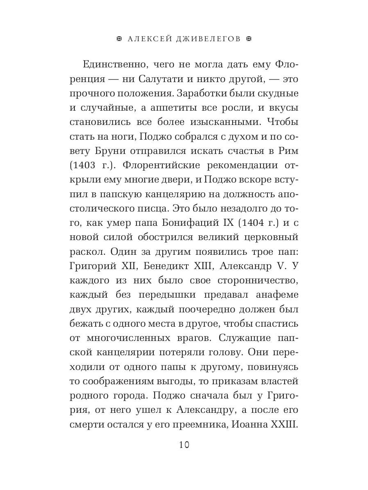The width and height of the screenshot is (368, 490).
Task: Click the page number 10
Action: coord(184,445)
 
